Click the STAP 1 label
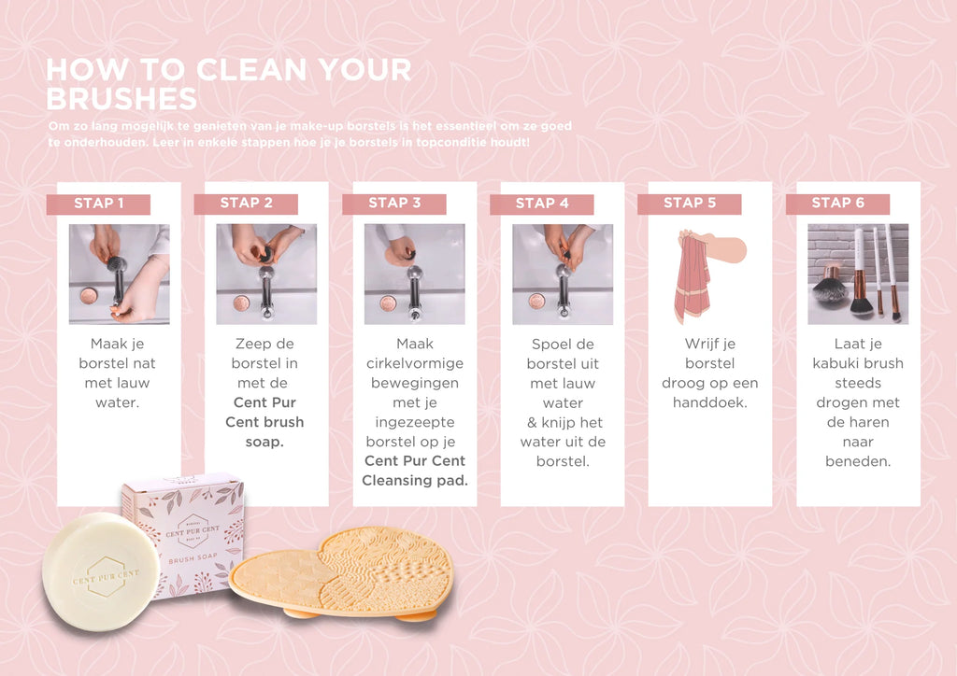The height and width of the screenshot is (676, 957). pyautogui.click(x=98, y=204)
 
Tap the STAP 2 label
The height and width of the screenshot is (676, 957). pyautogui.click(x=246, y=204)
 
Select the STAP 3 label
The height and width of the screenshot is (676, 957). pyautogui.click(x=394, y=204)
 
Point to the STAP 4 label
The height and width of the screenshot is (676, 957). pyautogui.click(x=542, y=204)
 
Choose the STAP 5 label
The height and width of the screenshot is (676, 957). pyautogui.click(x=690, y=204)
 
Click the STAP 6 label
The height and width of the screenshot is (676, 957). pyautogui.click(x=838, y=204)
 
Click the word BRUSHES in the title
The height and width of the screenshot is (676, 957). pyautogui.click(x=121, y=99)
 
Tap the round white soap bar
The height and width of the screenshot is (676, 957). pyautogui.click(x=101, y=571)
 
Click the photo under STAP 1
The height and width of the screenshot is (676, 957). pyautogui.click(x=119, y=274)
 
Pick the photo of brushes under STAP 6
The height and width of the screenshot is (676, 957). pyautogui.click(x=858, y=274)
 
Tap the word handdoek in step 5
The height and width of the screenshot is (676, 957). pyautogui.click(x=710, y=402)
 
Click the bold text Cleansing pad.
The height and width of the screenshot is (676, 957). pyautogui.click(x=415, y=480)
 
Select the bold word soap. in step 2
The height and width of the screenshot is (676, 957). pyautogui.click(x=264, y=442)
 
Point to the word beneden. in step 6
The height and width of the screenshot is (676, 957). pyautogui.click(x=858, y=461)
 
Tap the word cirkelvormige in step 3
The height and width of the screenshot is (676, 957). pyautogui.click(x=415, y=364)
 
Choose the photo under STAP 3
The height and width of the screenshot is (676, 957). pyautogui.click(x=414, y=274)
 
